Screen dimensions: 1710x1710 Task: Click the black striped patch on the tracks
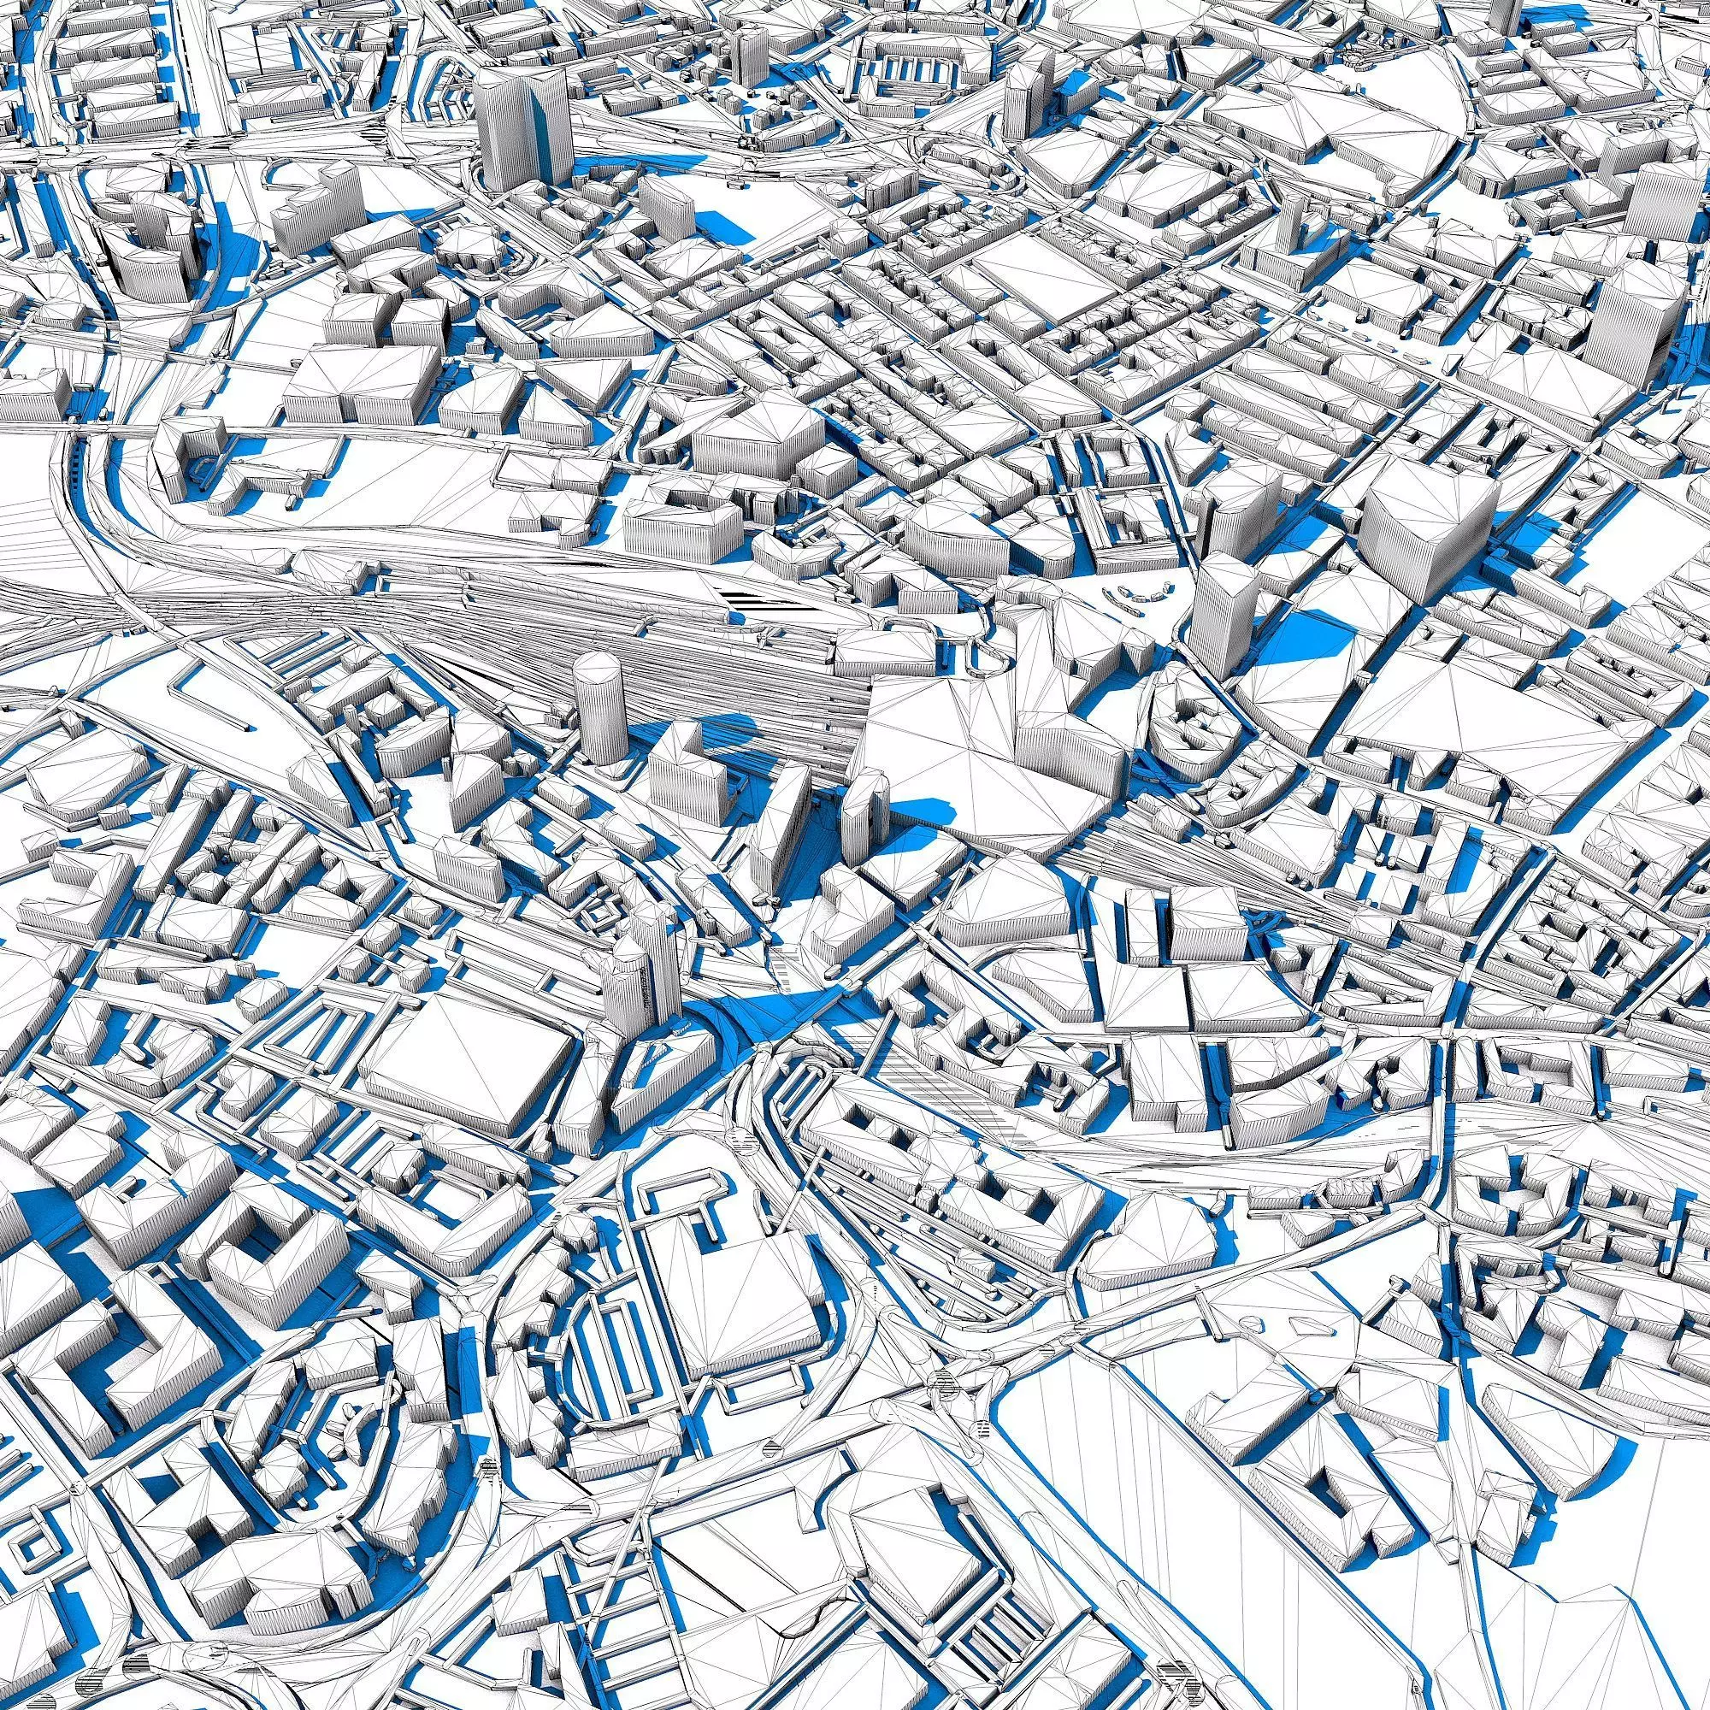coord(761,604)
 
